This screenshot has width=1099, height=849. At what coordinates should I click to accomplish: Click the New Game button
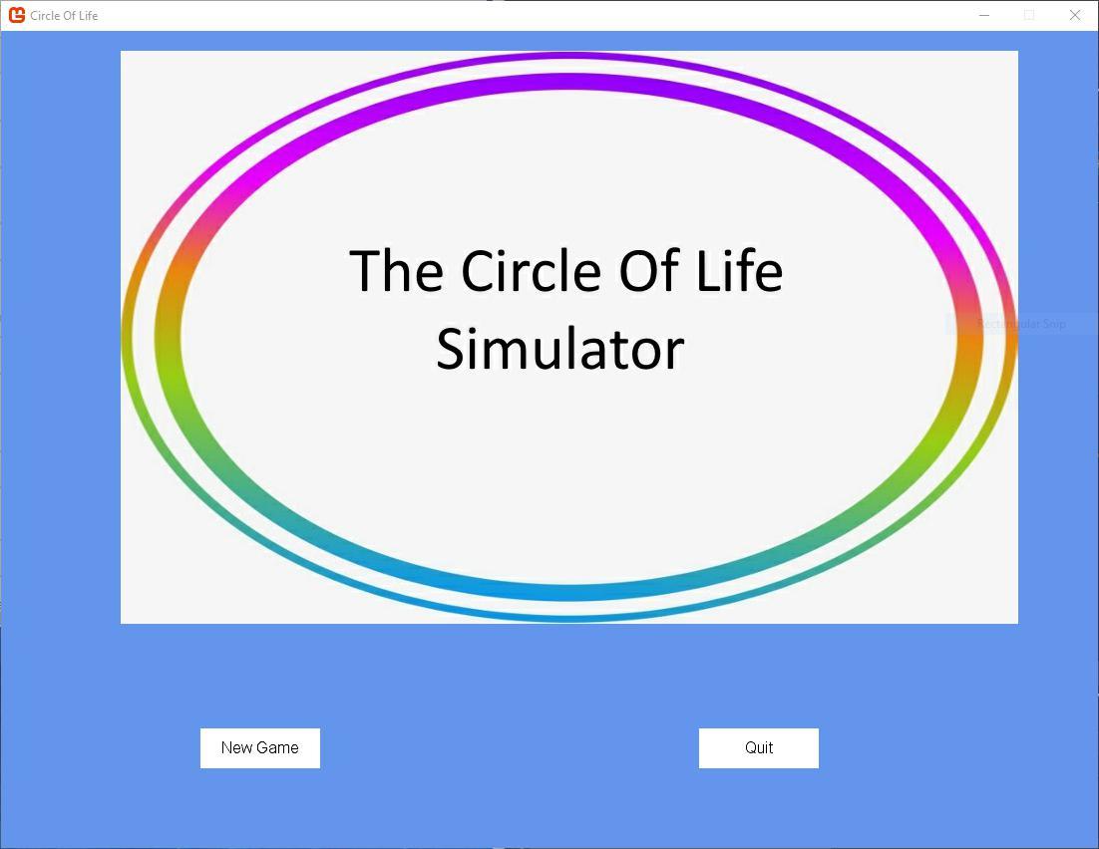[259, 748]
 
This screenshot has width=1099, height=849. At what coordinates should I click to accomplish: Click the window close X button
[1074, 15]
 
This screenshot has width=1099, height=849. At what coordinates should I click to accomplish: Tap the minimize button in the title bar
[984, 15]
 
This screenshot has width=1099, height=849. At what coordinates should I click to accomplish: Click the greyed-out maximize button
[1029, 15]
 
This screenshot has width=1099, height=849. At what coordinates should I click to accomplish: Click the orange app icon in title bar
[16, 15]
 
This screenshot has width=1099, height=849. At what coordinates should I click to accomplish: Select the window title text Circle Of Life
[64, 16]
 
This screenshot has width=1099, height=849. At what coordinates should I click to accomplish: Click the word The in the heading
[396, 271]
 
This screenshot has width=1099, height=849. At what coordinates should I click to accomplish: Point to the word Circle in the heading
[531, 271]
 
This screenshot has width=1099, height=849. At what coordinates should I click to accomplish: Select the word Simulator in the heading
[559, 349]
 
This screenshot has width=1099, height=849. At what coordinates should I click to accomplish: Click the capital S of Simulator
[452, 349]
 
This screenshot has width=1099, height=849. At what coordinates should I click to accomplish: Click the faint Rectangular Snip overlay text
[1021, 324]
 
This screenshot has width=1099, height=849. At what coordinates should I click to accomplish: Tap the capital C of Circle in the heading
[481, 271]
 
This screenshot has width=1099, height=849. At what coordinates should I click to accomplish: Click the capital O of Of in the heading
[638, 271]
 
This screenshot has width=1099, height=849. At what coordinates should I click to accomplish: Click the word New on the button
[237, 748]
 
